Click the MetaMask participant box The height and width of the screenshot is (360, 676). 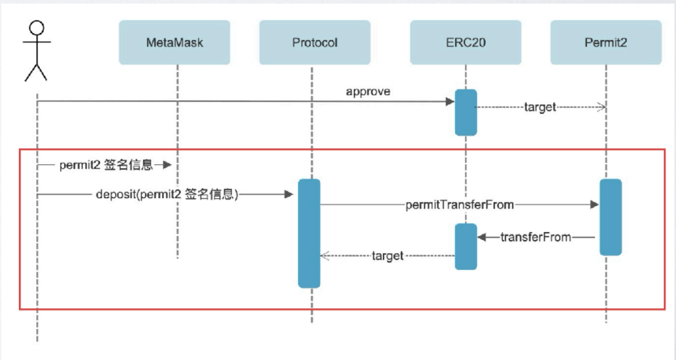[x=174, y=42]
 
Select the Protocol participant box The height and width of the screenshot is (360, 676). [x=315, y=42]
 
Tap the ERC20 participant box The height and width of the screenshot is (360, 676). [x=466, y=42]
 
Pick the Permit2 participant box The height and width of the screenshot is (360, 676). [x=606, y=42]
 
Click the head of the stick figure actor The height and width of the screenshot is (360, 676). [x=36, y=28]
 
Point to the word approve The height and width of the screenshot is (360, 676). [x=368, y=92]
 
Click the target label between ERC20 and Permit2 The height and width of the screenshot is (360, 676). [x=540, y=107]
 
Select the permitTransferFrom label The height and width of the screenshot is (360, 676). [x=460, y=204]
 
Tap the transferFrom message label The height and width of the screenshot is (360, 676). [x=536, y=237]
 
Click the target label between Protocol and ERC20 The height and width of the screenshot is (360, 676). [x=388, y=256]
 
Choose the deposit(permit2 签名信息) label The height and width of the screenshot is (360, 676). [x=167, y=195]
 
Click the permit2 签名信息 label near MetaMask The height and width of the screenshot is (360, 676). [x=106, y=165]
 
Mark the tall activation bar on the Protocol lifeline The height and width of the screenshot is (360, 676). [x=309, y=233]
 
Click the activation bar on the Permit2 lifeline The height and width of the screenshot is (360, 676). [x=611, y=218]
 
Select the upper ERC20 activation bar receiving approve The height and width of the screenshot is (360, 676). [x=466, y=113]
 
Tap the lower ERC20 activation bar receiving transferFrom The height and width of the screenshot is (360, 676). [x=466, y=247]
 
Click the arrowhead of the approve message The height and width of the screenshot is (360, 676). [x=450, y=102]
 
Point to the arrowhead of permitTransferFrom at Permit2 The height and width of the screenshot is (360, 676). [x=594, y=204]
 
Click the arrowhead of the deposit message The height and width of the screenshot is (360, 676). [x=290, y=195]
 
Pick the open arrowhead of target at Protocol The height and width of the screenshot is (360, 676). [x=325, y=256]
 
